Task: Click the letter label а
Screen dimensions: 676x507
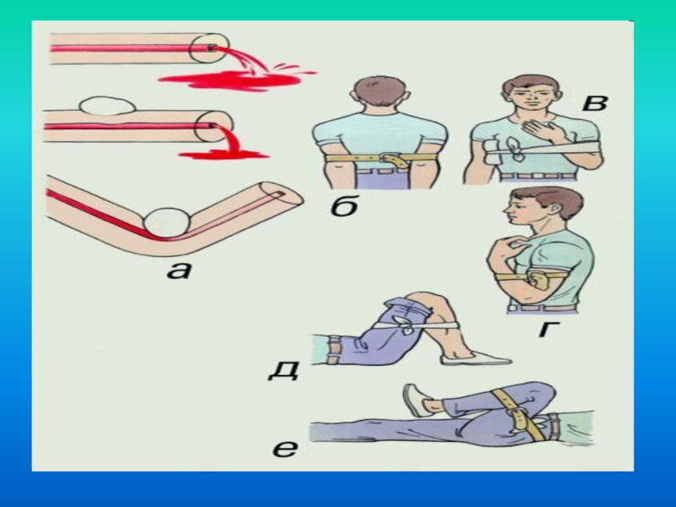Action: click(178, 270)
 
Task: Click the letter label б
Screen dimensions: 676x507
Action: click(345, 205)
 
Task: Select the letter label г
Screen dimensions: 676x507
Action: click(549, 329)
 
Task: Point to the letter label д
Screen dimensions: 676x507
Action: click(283, 370)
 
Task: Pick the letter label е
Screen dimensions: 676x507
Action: click(285, 449)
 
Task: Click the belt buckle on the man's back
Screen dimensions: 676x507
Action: click(395, 160)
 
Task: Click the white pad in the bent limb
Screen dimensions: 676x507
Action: click(166, 223)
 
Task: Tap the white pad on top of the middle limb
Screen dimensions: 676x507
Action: click(107, 106)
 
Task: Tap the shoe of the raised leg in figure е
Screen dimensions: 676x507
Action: click(415, 400)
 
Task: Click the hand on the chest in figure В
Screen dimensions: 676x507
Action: click(538, 128)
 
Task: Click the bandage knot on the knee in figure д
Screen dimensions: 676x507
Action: click(405, 324)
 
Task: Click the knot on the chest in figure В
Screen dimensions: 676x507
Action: click(515, 150)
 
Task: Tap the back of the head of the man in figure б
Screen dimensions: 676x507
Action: click(380, 91)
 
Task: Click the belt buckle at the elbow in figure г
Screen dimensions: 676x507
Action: click(539, 280)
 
